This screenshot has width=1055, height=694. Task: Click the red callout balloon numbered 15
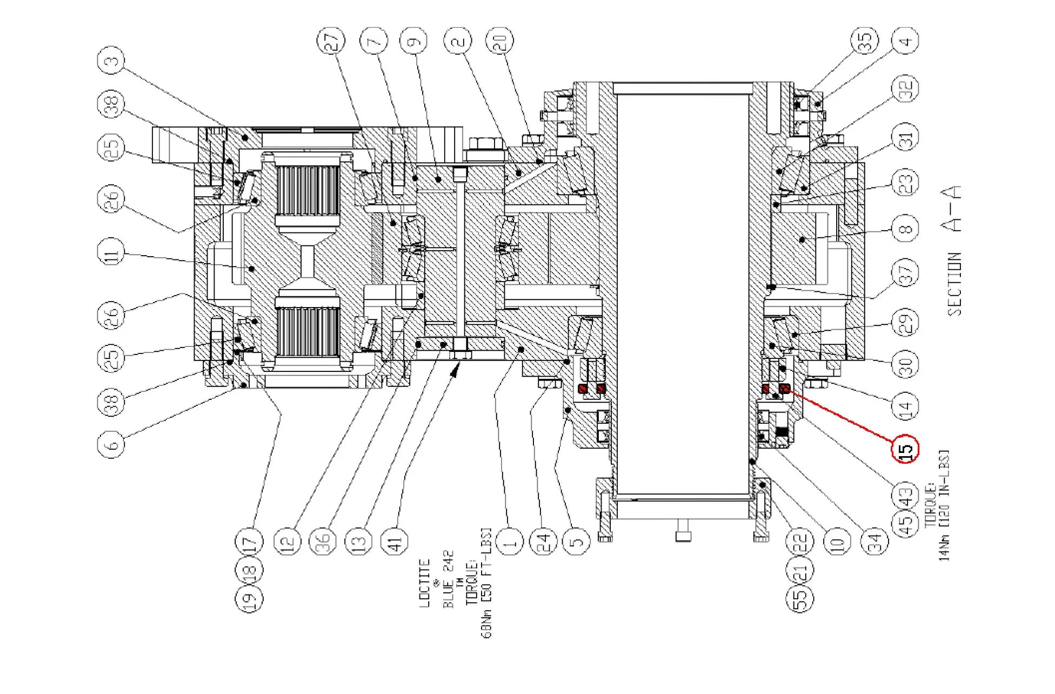905,449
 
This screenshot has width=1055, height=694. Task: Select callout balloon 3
111,61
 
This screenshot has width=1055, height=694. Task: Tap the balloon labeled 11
111,252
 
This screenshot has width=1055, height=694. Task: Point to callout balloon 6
111,444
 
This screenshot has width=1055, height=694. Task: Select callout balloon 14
906,405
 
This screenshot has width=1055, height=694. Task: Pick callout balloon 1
510,542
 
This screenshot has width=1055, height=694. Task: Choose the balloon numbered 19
249,599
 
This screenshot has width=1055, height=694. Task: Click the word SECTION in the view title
954,284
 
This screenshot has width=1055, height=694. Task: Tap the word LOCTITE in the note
425,583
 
